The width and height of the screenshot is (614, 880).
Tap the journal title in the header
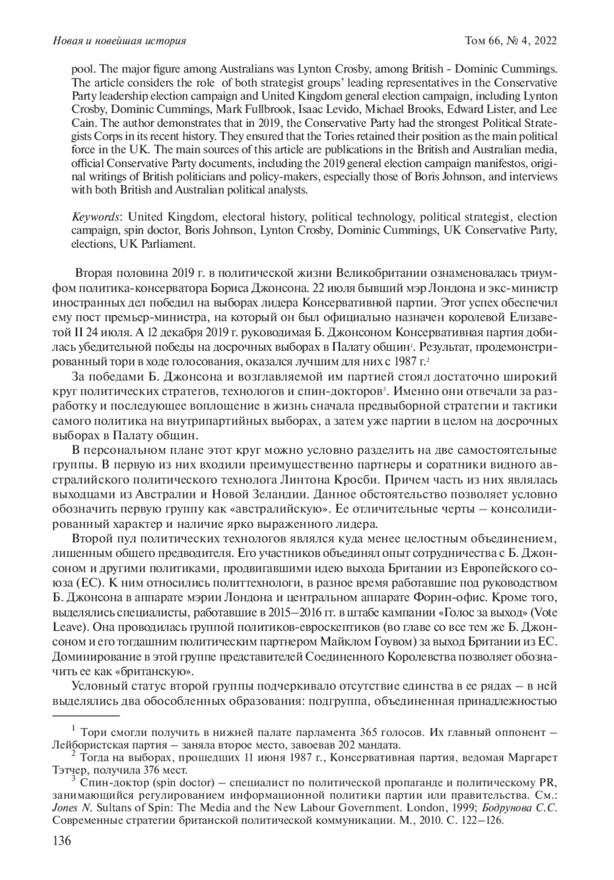tap(119, 41)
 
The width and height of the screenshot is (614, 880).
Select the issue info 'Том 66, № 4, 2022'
tap(510, 41)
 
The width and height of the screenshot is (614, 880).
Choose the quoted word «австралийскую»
tap(290, 510)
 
